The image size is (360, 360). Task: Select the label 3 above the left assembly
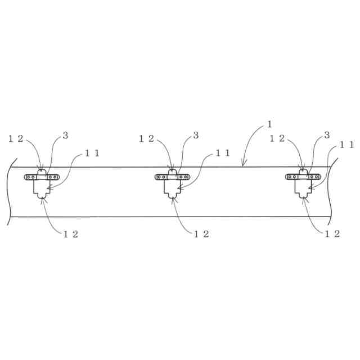(x=65, y=135)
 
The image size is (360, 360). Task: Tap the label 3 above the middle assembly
(x=196, y=135)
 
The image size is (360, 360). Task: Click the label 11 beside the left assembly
(x=92, y=153)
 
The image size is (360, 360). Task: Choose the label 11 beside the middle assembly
(x=223, y=153)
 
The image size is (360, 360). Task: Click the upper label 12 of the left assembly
(x=16, y=138)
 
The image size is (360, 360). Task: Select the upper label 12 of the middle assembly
(x=146, y=138)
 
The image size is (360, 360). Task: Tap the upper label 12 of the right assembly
(x=277, y=138)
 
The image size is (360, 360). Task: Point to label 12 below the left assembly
(x=71, y=234)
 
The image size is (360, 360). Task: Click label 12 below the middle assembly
(x=201, y=234)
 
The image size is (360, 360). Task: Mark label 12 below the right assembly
(x=332, y=234)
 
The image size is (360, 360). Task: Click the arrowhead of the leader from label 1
(x=243, y=165)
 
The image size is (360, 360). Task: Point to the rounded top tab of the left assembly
(x=42, y=171)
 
